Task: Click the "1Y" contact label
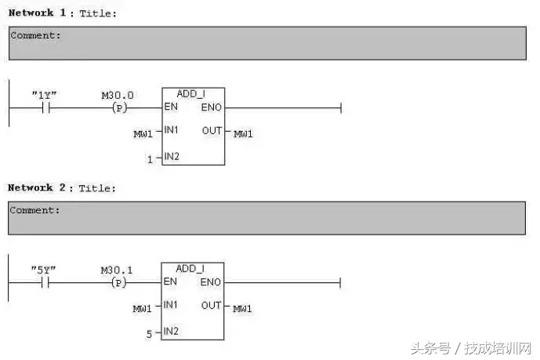[44, 95]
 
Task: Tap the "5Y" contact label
[44, 270]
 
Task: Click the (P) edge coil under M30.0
[119, 107]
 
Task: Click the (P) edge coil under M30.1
[119, 282]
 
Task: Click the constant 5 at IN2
[149, 333]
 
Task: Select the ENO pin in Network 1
[212, 107]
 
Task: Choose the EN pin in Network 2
[170, 282]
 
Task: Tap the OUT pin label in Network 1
[212, 131]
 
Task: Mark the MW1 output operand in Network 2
[243, 308]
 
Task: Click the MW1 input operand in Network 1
[143, 134]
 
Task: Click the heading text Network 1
[31, 13]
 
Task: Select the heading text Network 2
[31, 188]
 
